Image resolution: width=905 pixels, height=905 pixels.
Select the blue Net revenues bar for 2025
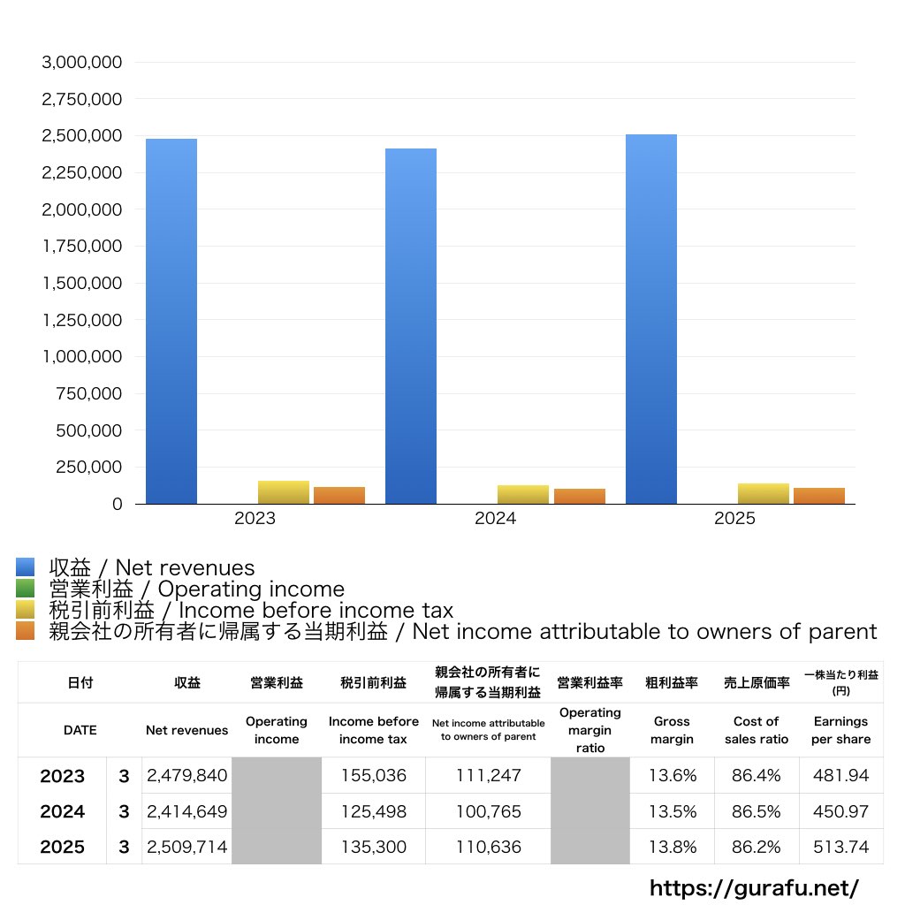click(651, 319)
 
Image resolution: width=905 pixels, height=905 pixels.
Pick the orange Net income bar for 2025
click(819, 495)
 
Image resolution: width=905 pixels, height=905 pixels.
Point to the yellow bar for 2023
click(284, 492)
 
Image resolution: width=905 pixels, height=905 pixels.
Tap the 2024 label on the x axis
click(495, 519)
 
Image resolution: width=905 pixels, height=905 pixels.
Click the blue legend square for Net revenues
click(25, 567)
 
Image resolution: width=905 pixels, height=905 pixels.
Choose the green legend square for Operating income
click(25, 589)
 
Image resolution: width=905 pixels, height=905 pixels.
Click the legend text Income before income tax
click(251, 610)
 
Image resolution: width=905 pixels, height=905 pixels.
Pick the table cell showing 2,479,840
click(186, 776)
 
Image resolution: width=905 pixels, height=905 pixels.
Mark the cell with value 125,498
click(373, 811)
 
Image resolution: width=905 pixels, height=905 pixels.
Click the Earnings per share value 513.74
click(840, 847)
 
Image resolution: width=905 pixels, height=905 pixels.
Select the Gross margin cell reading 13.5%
click(672, 811)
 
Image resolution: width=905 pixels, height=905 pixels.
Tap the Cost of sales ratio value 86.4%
click(757, 776)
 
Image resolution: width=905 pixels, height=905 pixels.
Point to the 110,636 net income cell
click(488, 847)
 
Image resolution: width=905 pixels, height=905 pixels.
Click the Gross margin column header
click(672, 730)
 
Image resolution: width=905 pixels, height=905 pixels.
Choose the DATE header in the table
click(80, 730)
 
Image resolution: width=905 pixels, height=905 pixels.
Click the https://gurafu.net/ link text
click(754, 887)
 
